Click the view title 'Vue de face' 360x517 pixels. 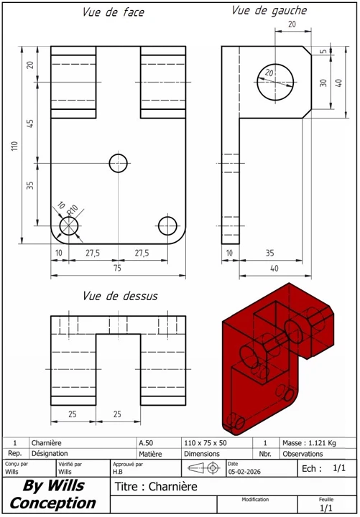pyautogui.click(x=113, y=14)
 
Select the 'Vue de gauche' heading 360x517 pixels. pyautogui.click(x=269, y=11)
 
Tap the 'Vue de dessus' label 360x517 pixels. pyautogui.click(x=120, y=296)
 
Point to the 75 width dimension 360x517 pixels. pyautogui.click(x=117, y=269)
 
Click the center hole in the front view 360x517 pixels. pyautogui.click(x=119, y=163)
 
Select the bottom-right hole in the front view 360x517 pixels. pyautogui.click(x=167, y=225)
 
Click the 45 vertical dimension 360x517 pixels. pyautogui.click(x=30, y=124)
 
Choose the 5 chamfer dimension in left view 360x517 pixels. pyautogui.click(x=323, y=52)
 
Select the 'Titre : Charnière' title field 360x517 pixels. pyautogui.click(x=155, y=488)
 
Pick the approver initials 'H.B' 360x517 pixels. pyautogui.click(x=119, y=472)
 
